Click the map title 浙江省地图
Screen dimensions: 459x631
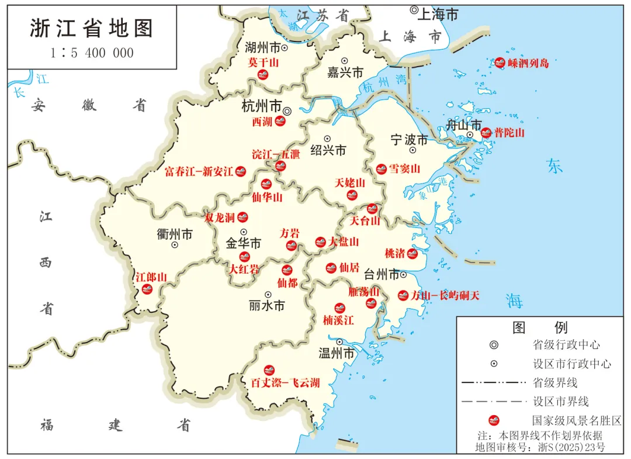(x=91, y=28)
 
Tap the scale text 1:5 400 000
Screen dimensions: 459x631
(x=92, y=53)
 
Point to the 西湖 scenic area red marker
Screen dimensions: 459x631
(x=280, y=122)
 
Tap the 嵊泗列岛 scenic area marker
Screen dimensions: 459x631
(x=500, y=63)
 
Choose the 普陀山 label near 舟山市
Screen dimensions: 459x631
(x=509, y=133)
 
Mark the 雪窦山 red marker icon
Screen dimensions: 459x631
(x=381, y=169)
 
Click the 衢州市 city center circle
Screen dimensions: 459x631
(x=174, y=245)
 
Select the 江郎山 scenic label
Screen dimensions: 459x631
(x=151, y=277)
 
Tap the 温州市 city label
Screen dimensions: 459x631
(x=337, y=354)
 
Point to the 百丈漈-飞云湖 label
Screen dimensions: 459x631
(x=285, y=383)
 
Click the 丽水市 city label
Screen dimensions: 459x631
(x=266, y=305)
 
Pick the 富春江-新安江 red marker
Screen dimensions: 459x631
(x=240, y=171)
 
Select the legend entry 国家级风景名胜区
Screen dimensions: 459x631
(x=576, y=420)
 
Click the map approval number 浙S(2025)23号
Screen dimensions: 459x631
(x=570, y=447)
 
